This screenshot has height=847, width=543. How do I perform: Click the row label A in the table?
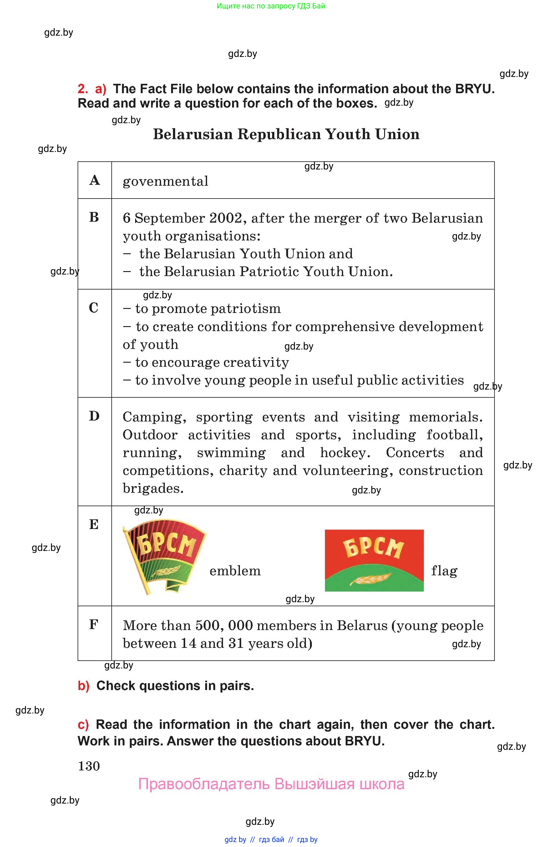pos(94,180)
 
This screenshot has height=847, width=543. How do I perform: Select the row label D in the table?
pos(94,416)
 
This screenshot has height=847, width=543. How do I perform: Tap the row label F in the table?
pos(94,624)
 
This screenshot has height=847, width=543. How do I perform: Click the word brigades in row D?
pos(153,488)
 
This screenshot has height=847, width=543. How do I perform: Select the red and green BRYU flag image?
pos(374,560)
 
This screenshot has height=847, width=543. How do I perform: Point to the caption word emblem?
pos(235,571)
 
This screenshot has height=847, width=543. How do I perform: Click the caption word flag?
pos(444,571)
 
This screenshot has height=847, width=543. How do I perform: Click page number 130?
pos(89,766)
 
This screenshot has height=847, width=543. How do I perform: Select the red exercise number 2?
pos(83,89)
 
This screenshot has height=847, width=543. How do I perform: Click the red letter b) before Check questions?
pos(84,686)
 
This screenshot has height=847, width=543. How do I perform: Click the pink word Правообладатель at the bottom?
pos(204,784)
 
